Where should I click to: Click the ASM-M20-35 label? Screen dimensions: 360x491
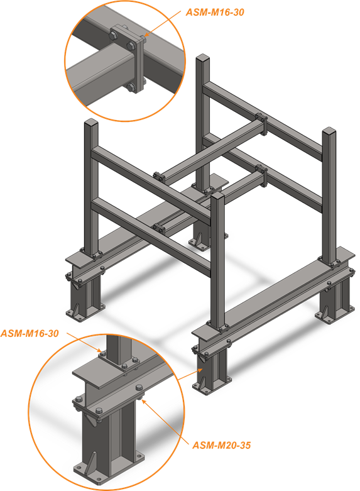[221, 445]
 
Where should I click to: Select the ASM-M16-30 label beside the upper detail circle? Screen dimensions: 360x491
[215, 12]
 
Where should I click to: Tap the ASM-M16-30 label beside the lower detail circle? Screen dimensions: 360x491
[30, 333]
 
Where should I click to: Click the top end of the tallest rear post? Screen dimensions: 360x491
[202, 58]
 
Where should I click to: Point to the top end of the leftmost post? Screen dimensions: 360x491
[91, 122]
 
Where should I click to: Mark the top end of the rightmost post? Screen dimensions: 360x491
[329, 131]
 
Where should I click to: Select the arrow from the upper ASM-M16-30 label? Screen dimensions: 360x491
[163, 23]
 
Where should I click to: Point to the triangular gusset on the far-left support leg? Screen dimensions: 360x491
[76, 309]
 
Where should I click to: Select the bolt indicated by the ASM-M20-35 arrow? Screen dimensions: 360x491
[139, 399]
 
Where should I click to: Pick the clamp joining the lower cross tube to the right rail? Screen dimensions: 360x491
[262, 175]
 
